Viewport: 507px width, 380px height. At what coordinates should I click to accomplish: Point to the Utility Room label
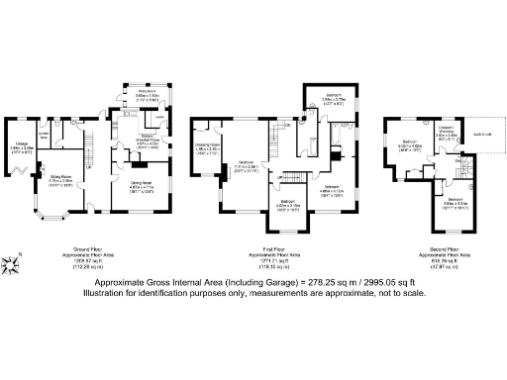133,98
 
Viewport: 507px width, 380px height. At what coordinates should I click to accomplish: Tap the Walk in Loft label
484,137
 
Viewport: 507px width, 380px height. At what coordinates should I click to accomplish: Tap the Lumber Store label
44,135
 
